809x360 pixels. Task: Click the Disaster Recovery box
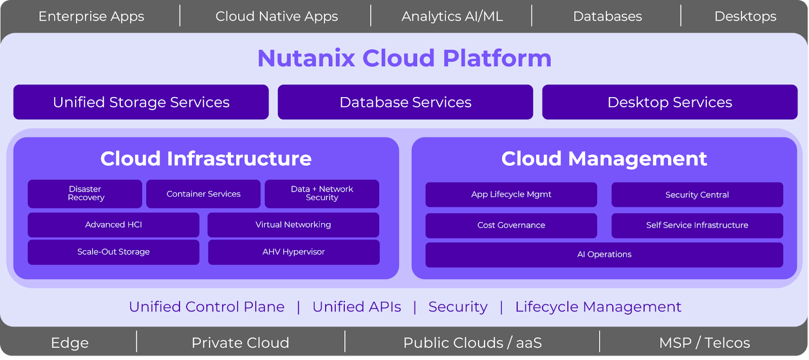(85, 194)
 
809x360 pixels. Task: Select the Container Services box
(203, 194)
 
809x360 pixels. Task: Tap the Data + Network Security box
(322, 194)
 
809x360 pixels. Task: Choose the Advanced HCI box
(113, 224)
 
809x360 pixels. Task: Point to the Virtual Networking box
(293, 224)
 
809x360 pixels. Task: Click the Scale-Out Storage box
(113, 252)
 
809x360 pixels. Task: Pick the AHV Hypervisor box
(294, 252)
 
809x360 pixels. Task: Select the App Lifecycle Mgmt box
(511, 195)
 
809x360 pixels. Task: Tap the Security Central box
(697, 195)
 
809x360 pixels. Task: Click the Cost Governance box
(511, 225)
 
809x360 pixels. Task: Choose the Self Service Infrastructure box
(697, 225)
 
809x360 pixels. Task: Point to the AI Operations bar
(604, 254)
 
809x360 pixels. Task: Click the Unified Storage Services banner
(141, 102)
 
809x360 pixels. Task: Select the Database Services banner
(406, 102)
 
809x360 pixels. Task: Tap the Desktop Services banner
(669, 102)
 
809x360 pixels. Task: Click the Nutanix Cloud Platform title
(404, 58)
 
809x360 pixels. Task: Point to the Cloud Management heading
(604, 159)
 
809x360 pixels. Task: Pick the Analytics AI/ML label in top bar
(452, 16)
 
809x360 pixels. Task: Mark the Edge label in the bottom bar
(70, 343)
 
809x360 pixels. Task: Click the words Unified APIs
(357, 307)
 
